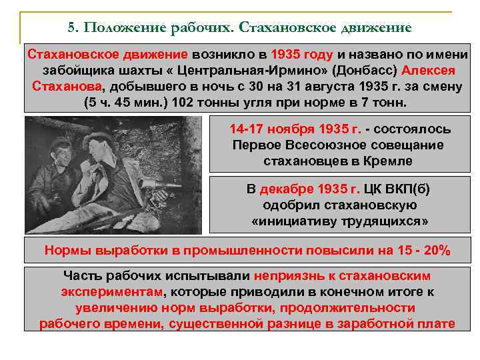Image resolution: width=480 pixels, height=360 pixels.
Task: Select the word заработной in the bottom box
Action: pos(383,324)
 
